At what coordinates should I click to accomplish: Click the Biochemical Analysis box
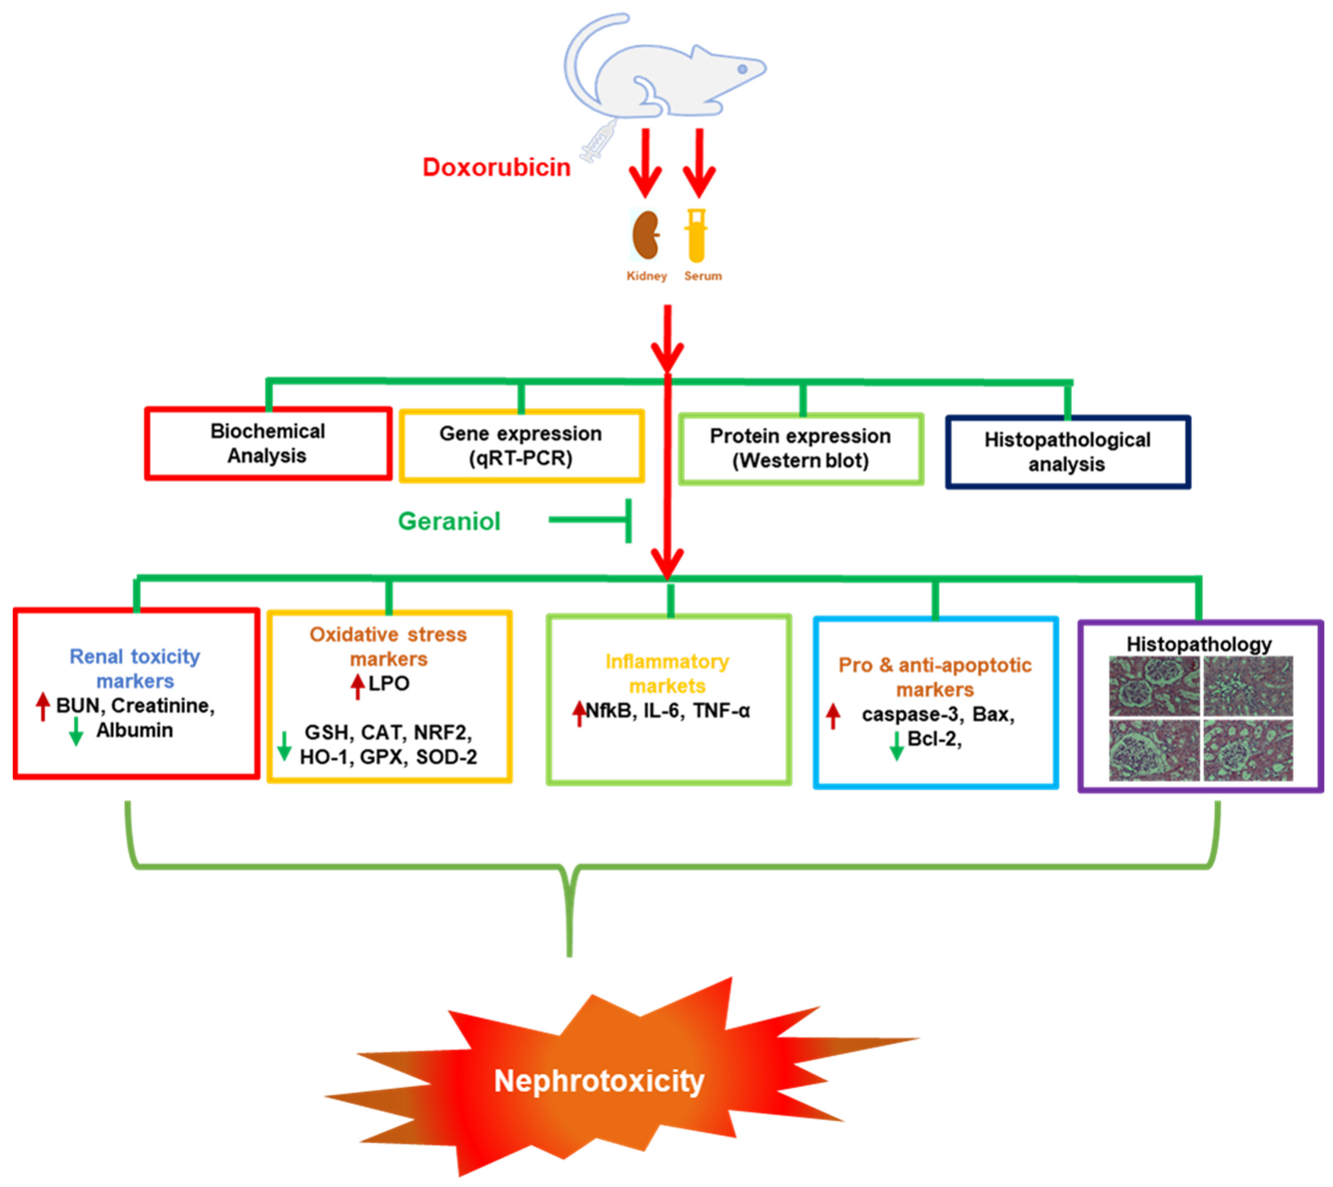(x=267, y=444)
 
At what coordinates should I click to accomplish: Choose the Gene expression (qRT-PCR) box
(x=521, y=446)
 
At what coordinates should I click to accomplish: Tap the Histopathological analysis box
(x=1067, y=452)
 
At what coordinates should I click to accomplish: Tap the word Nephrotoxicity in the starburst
(x=599, y=1081)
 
